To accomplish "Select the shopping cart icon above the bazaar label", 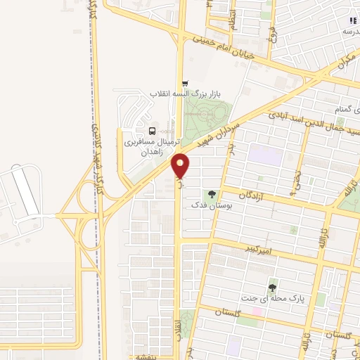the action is tap(185, 82).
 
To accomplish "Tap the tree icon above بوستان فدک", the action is tap(212, 195).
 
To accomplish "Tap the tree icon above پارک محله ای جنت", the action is tap(272, 287).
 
